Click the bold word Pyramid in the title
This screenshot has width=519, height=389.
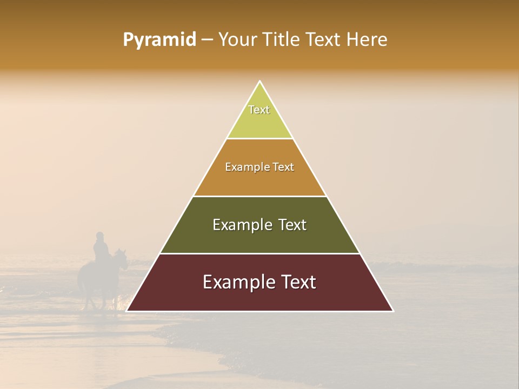(159, 40)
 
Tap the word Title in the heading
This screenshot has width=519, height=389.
(283, 40)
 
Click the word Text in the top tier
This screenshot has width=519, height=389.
(259, 110)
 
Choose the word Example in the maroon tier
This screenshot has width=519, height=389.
(238, 282)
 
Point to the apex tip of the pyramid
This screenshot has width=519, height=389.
(260, 82)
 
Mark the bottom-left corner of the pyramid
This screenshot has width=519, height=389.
(127, 311)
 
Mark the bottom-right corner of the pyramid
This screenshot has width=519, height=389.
(392, 311)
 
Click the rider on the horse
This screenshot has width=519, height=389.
(101, 249)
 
